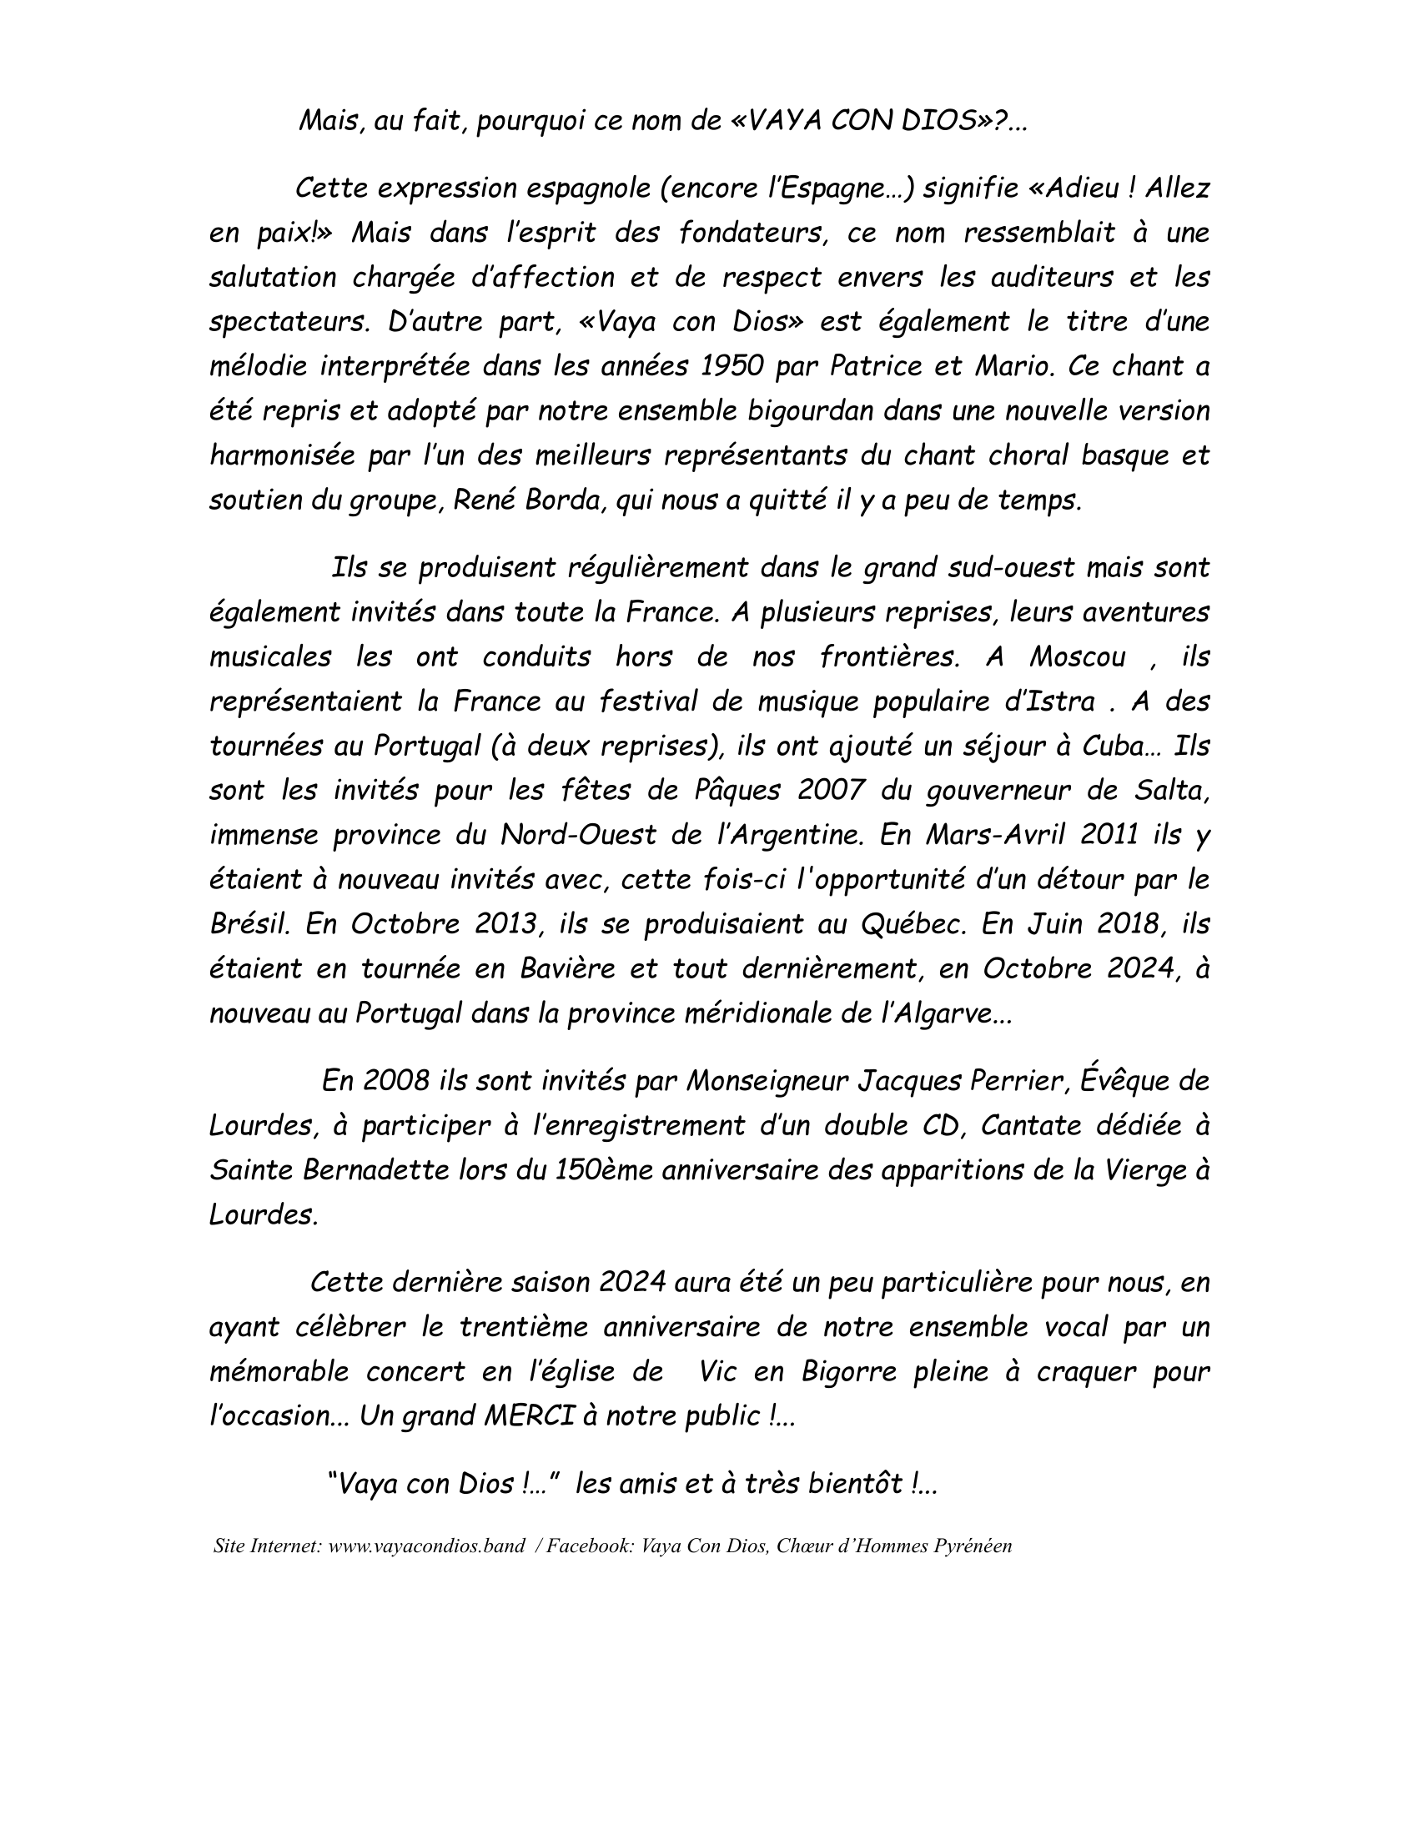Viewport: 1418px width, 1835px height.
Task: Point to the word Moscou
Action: (x=1078, y=656)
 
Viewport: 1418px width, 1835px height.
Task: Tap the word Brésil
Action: (x=249, y=923)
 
